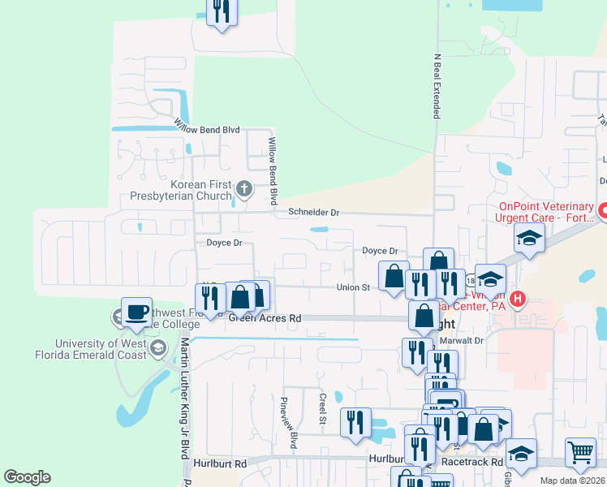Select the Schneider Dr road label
(x=312, y=213)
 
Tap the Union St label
(x=354, y=287)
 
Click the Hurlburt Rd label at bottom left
(x=220, y=463)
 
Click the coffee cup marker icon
(x=136, y=312)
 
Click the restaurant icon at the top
(x=221, y=11)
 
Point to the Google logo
(x=27, y=477)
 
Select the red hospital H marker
(x=516, y=299)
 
